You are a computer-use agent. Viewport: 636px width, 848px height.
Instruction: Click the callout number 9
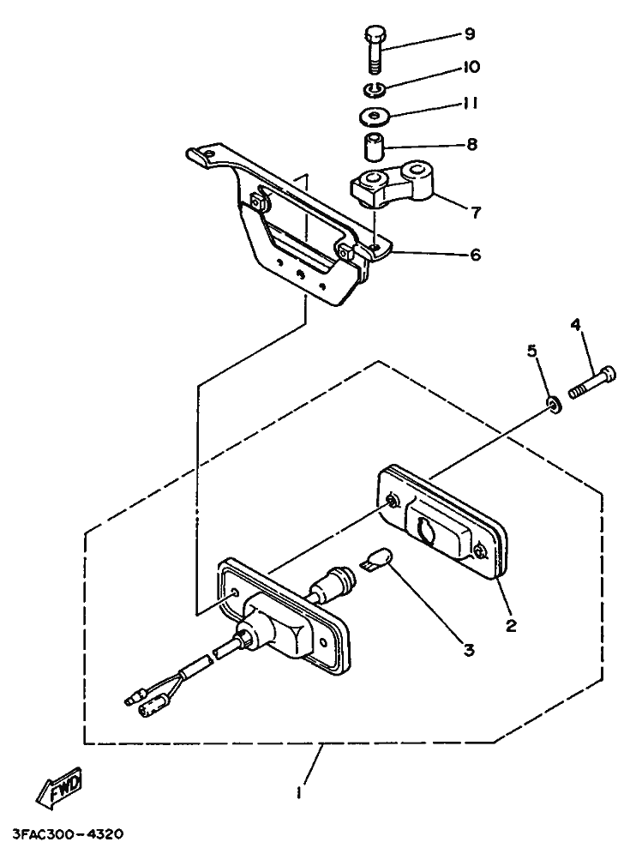pos(470,34)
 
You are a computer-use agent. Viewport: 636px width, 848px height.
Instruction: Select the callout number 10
pos(471,67)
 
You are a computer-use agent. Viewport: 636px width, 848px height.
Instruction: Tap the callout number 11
pos(471,103)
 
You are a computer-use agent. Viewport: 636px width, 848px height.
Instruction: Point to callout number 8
pos(471,144)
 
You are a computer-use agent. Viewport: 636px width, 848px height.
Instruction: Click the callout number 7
pos(476,213)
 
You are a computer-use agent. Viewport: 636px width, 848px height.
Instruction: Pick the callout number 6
pos(475,254)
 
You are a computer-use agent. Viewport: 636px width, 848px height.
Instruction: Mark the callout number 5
pos(532,351)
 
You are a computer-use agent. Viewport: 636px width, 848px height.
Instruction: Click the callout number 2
pos(511,626)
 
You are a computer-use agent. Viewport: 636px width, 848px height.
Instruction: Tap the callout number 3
pos(469,650)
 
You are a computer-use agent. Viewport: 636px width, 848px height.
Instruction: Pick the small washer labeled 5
pos(554,404)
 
